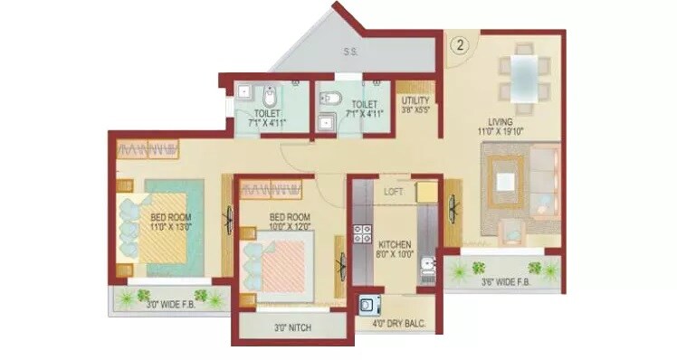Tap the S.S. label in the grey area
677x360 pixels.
click(350, 52)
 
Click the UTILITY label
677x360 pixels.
click(415, 100)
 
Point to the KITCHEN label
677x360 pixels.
click(395, 244)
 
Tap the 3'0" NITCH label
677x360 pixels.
click(291, 327)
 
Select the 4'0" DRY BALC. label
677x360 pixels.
click(397, 323)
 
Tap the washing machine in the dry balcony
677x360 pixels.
click(368, 306)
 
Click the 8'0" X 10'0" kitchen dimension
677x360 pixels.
click(396, 255)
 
